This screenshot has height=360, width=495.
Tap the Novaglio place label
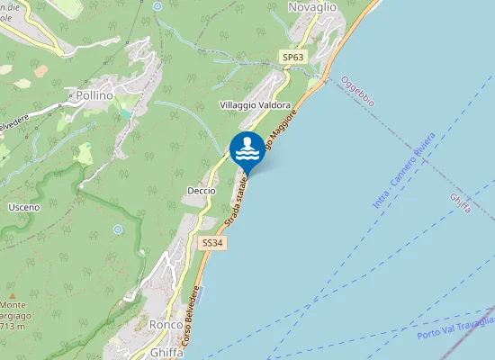311,7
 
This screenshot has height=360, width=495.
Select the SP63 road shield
292,57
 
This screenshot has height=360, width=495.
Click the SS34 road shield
211,243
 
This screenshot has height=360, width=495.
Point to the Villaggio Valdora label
255,105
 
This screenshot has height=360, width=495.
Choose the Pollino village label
94,94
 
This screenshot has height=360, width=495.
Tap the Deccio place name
201,191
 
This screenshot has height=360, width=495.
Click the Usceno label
23,208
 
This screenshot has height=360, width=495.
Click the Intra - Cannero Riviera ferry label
404,170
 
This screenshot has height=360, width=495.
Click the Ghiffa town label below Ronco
166,352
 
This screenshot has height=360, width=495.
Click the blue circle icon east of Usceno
118,229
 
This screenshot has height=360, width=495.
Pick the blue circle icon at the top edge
157,5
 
